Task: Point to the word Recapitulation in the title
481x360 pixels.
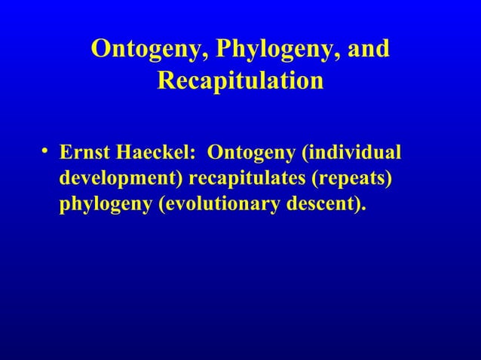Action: [x=240, y=80]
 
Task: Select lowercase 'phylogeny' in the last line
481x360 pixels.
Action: [x=104, y=206]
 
